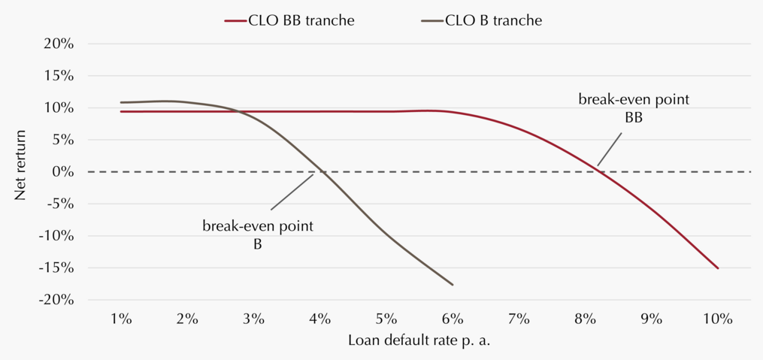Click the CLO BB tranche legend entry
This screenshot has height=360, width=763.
pyautogui.click(x=289, y=21)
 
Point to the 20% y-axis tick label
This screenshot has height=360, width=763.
pyautogui.click(x=59, y=44)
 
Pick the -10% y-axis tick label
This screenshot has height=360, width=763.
pyautogui.click(x=57, y=236)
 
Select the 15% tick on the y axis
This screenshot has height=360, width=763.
pyautogui.click(x=59, y=77)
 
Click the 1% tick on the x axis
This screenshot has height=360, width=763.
pyautogui.click(x=121, y=319)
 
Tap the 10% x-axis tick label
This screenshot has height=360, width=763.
pyautogui.click(x=718, y=319)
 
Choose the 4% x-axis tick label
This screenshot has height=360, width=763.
pyautogui.click(x=319, y=319)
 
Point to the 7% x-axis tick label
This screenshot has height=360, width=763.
pyautogui.click(x=519, y=319)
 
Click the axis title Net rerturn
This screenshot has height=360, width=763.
pyautogui.click(x=20, y=171)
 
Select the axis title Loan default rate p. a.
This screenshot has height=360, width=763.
pyautogui.click(x=419, y=341)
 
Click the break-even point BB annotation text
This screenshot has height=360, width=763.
pyautogui.click(x=634, y=108)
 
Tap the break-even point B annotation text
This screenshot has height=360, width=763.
pyautogui.click(x=258, y=235)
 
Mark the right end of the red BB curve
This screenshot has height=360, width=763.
pyautogui.click(x=718, y=268)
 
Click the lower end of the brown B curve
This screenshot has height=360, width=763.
pyautogui.click(x=453, y=285)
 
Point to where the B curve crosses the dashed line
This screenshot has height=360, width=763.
pyautogui.click(x=322, y=171)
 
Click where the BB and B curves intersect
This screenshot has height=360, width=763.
pyautogui.click(x=239, y=111)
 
